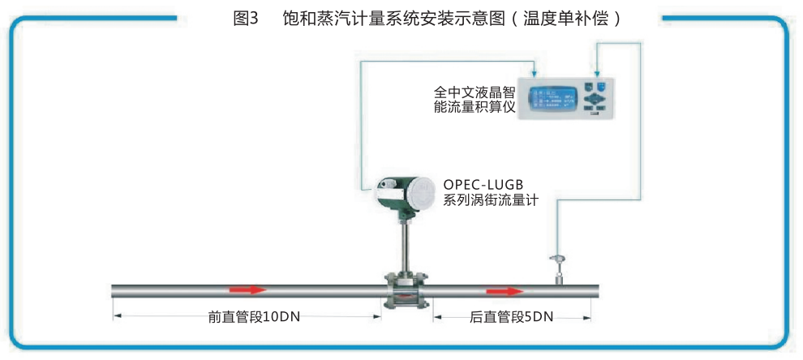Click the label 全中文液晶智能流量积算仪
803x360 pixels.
point(475,100)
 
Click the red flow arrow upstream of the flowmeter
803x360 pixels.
point(247,289)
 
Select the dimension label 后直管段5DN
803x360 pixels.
point(511,317)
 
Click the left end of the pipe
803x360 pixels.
point(114,290)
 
